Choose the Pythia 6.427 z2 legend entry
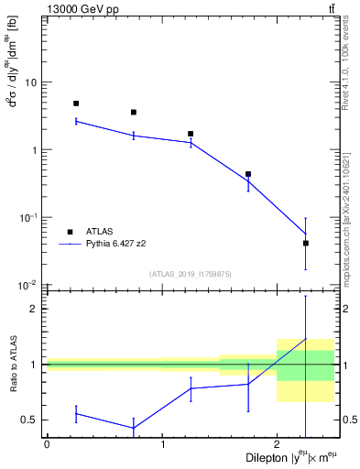(x=116, y=244)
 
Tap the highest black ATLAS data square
(x=76, y=104)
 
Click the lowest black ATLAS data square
(x=306, y=243)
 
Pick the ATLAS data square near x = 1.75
(x=248, y=174)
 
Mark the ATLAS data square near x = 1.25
(x=191, y=134)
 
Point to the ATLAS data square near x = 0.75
(x=134, y=113)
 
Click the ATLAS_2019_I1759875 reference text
(x=191, y=273)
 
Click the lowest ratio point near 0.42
(x=134, y=428)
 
